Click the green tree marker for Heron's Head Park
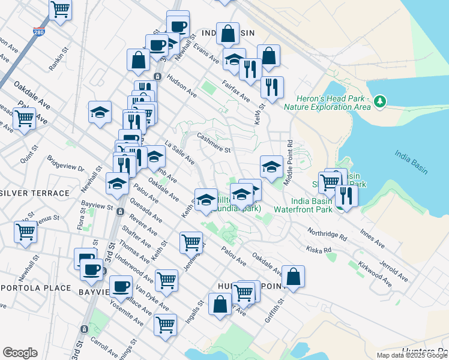(379, 101)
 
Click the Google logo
(20, 353)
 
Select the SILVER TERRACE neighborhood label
(35, 193)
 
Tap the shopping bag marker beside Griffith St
(293, 277)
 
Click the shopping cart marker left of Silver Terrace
(25, 231)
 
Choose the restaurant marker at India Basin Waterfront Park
(345, 194)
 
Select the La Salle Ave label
(179, 154)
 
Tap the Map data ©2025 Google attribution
(412, 355)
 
